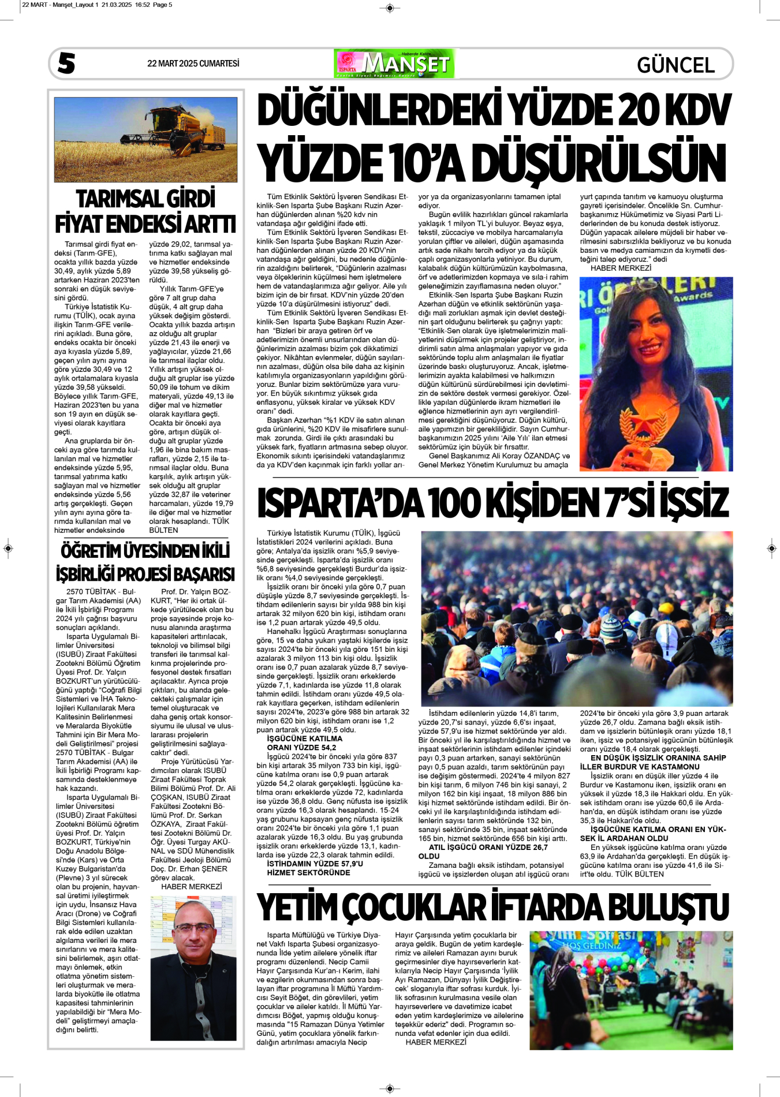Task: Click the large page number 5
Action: (x=66, y=63)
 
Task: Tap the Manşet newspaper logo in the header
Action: (x=394, y=64)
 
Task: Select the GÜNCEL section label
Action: (x=675, y=65)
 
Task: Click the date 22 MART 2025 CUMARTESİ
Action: (x=193, y=64)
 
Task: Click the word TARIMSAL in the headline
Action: (x=113, y=199)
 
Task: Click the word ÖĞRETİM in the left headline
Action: (x=94, y=551)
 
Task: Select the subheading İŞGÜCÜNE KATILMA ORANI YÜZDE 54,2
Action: (x=304, y=743)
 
